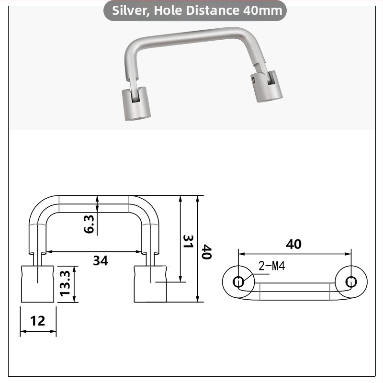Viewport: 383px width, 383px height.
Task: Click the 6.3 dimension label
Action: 89,224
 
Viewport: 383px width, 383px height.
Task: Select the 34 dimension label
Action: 101,260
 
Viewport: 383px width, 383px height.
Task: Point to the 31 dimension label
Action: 188,241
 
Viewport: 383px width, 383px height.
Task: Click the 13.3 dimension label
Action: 65,283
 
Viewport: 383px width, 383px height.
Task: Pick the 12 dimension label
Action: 38,321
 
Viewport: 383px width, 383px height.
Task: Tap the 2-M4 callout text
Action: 271,266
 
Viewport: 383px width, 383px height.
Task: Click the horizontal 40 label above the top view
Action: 293,244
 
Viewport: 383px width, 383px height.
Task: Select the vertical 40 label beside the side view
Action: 207,252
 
